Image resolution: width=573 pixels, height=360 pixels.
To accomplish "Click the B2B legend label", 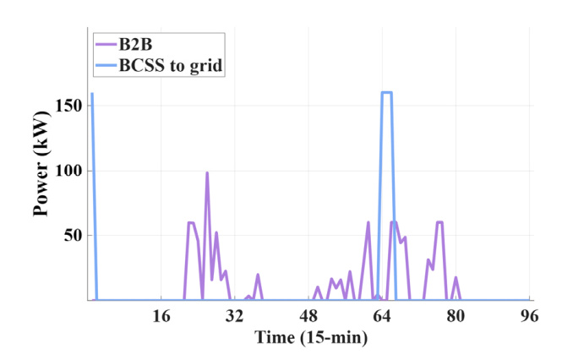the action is [135, 45].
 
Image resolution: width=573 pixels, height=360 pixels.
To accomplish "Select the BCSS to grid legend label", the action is [171, 65].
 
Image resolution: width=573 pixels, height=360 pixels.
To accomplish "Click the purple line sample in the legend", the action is [106, 45].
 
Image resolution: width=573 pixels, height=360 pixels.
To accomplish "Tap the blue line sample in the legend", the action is [106, 65].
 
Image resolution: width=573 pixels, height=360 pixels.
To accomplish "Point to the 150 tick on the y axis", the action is [68, 106].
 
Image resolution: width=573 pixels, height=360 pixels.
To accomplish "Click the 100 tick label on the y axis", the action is [68, 171].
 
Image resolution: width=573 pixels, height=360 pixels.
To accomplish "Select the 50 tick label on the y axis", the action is [73, 236].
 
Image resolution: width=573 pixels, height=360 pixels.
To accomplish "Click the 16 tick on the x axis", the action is [161, 316].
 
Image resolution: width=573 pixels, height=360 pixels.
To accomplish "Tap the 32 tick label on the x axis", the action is [235, 316].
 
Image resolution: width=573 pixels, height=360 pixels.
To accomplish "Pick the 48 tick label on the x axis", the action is [308, 316].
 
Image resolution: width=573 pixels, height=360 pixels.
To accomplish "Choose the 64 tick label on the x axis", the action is [382, 316].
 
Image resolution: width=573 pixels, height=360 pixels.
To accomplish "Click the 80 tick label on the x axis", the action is [456, 316].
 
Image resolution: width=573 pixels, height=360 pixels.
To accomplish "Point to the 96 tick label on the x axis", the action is [529, 316].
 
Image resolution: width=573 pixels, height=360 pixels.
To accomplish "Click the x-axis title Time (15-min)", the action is [311, 337].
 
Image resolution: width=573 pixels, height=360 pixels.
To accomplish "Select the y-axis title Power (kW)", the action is [41, 164].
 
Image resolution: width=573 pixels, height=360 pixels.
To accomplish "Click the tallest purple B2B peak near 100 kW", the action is [207, 173].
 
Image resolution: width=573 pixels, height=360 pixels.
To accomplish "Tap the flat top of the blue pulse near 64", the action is [386, 92].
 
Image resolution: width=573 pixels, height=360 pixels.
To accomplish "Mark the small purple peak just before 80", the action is [456, 278].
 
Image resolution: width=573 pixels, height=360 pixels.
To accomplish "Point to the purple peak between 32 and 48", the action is [258, 275].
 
